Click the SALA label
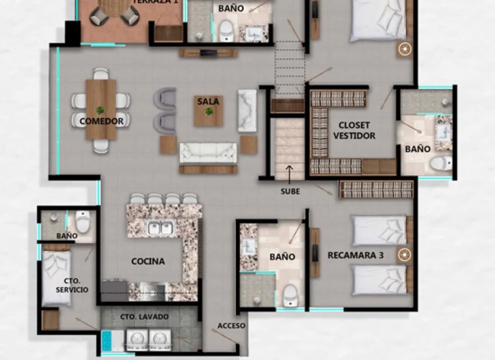[208, 101]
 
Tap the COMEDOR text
[101, 121]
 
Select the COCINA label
[148, 261]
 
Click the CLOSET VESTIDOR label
[354, 130]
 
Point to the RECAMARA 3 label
[356, 255]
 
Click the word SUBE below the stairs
[290, 191]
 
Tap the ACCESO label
[231, 326]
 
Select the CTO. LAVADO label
[144, 317]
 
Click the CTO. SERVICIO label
[72, 285]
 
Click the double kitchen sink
[161, 227]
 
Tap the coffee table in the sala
[209, 111]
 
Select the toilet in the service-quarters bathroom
[82, 221]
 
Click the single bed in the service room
[57, 278]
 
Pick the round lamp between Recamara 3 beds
[404, 255]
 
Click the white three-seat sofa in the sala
[208, 153]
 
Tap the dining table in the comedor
[101, 109]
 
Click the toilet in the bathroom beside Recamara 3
[290, 296]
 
